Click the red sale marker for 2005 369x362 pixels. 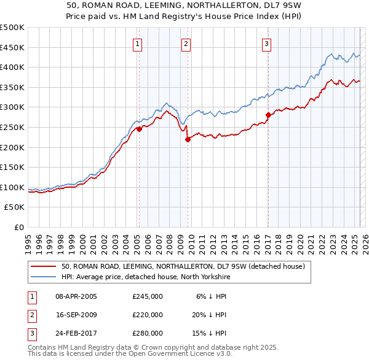(139, 129)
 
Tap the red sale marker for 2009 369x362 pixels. (188, 139)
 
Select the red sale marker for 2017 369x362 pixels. (268, 115)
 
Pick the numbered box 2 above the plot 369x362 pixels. (185, 44)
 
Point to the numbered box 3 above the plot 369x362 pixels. (266, 44)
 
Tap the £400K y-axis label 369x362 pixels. (12, 67)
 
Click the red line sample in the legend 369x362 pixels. (44, 266)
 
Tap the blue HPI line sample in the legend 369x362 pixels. (44, 277)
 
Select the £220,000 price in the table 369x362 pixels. (148, 315)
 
